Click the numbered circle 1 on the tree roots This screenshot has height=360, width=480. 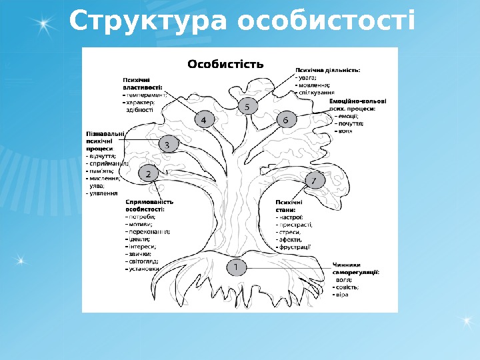pyautogui.click(x=235, y=267)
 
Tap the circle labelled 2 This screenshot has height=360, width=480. pyautogui.click(x=148, y=173)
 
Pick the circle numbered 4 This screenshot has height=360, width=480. pyautogui.click(x=204, y=119)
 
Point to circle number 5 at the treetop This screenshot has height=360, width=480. pyautogui.click(x=247, y=106)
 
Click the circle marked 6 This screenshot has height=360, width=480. pyautogui.click(x=285, y=120)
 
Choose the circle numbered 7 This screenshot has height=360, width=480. pyautogui.click(x=314, y=180)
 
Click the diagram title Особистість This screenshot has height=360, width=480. pyautogui.click(x=225, y=64)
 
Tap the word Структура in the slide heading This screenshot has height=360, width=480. pyautogui.click(x=149, y=21)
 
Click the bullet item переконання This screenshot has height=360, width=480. pyautogui.click(x=149, y=231)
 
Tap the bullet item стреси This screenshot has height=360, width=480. pyautogui.click(x=289, y=232)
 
